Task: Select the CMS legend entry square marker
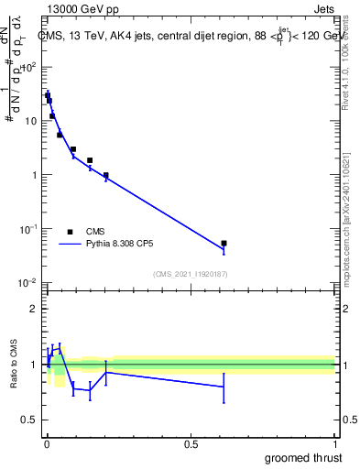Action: [70, 232]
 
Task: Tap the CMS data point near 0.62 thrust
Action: [224, 244]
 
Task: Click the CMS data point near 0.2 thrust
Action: [106, 175]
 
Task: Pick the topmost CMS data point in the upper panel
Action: [47, 94]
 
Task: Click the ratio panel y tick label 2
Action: [35, 309]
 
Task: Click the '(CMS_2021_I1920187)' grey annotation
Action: [191, 273]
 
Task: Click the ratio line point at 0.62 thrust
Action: [224, 387]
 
